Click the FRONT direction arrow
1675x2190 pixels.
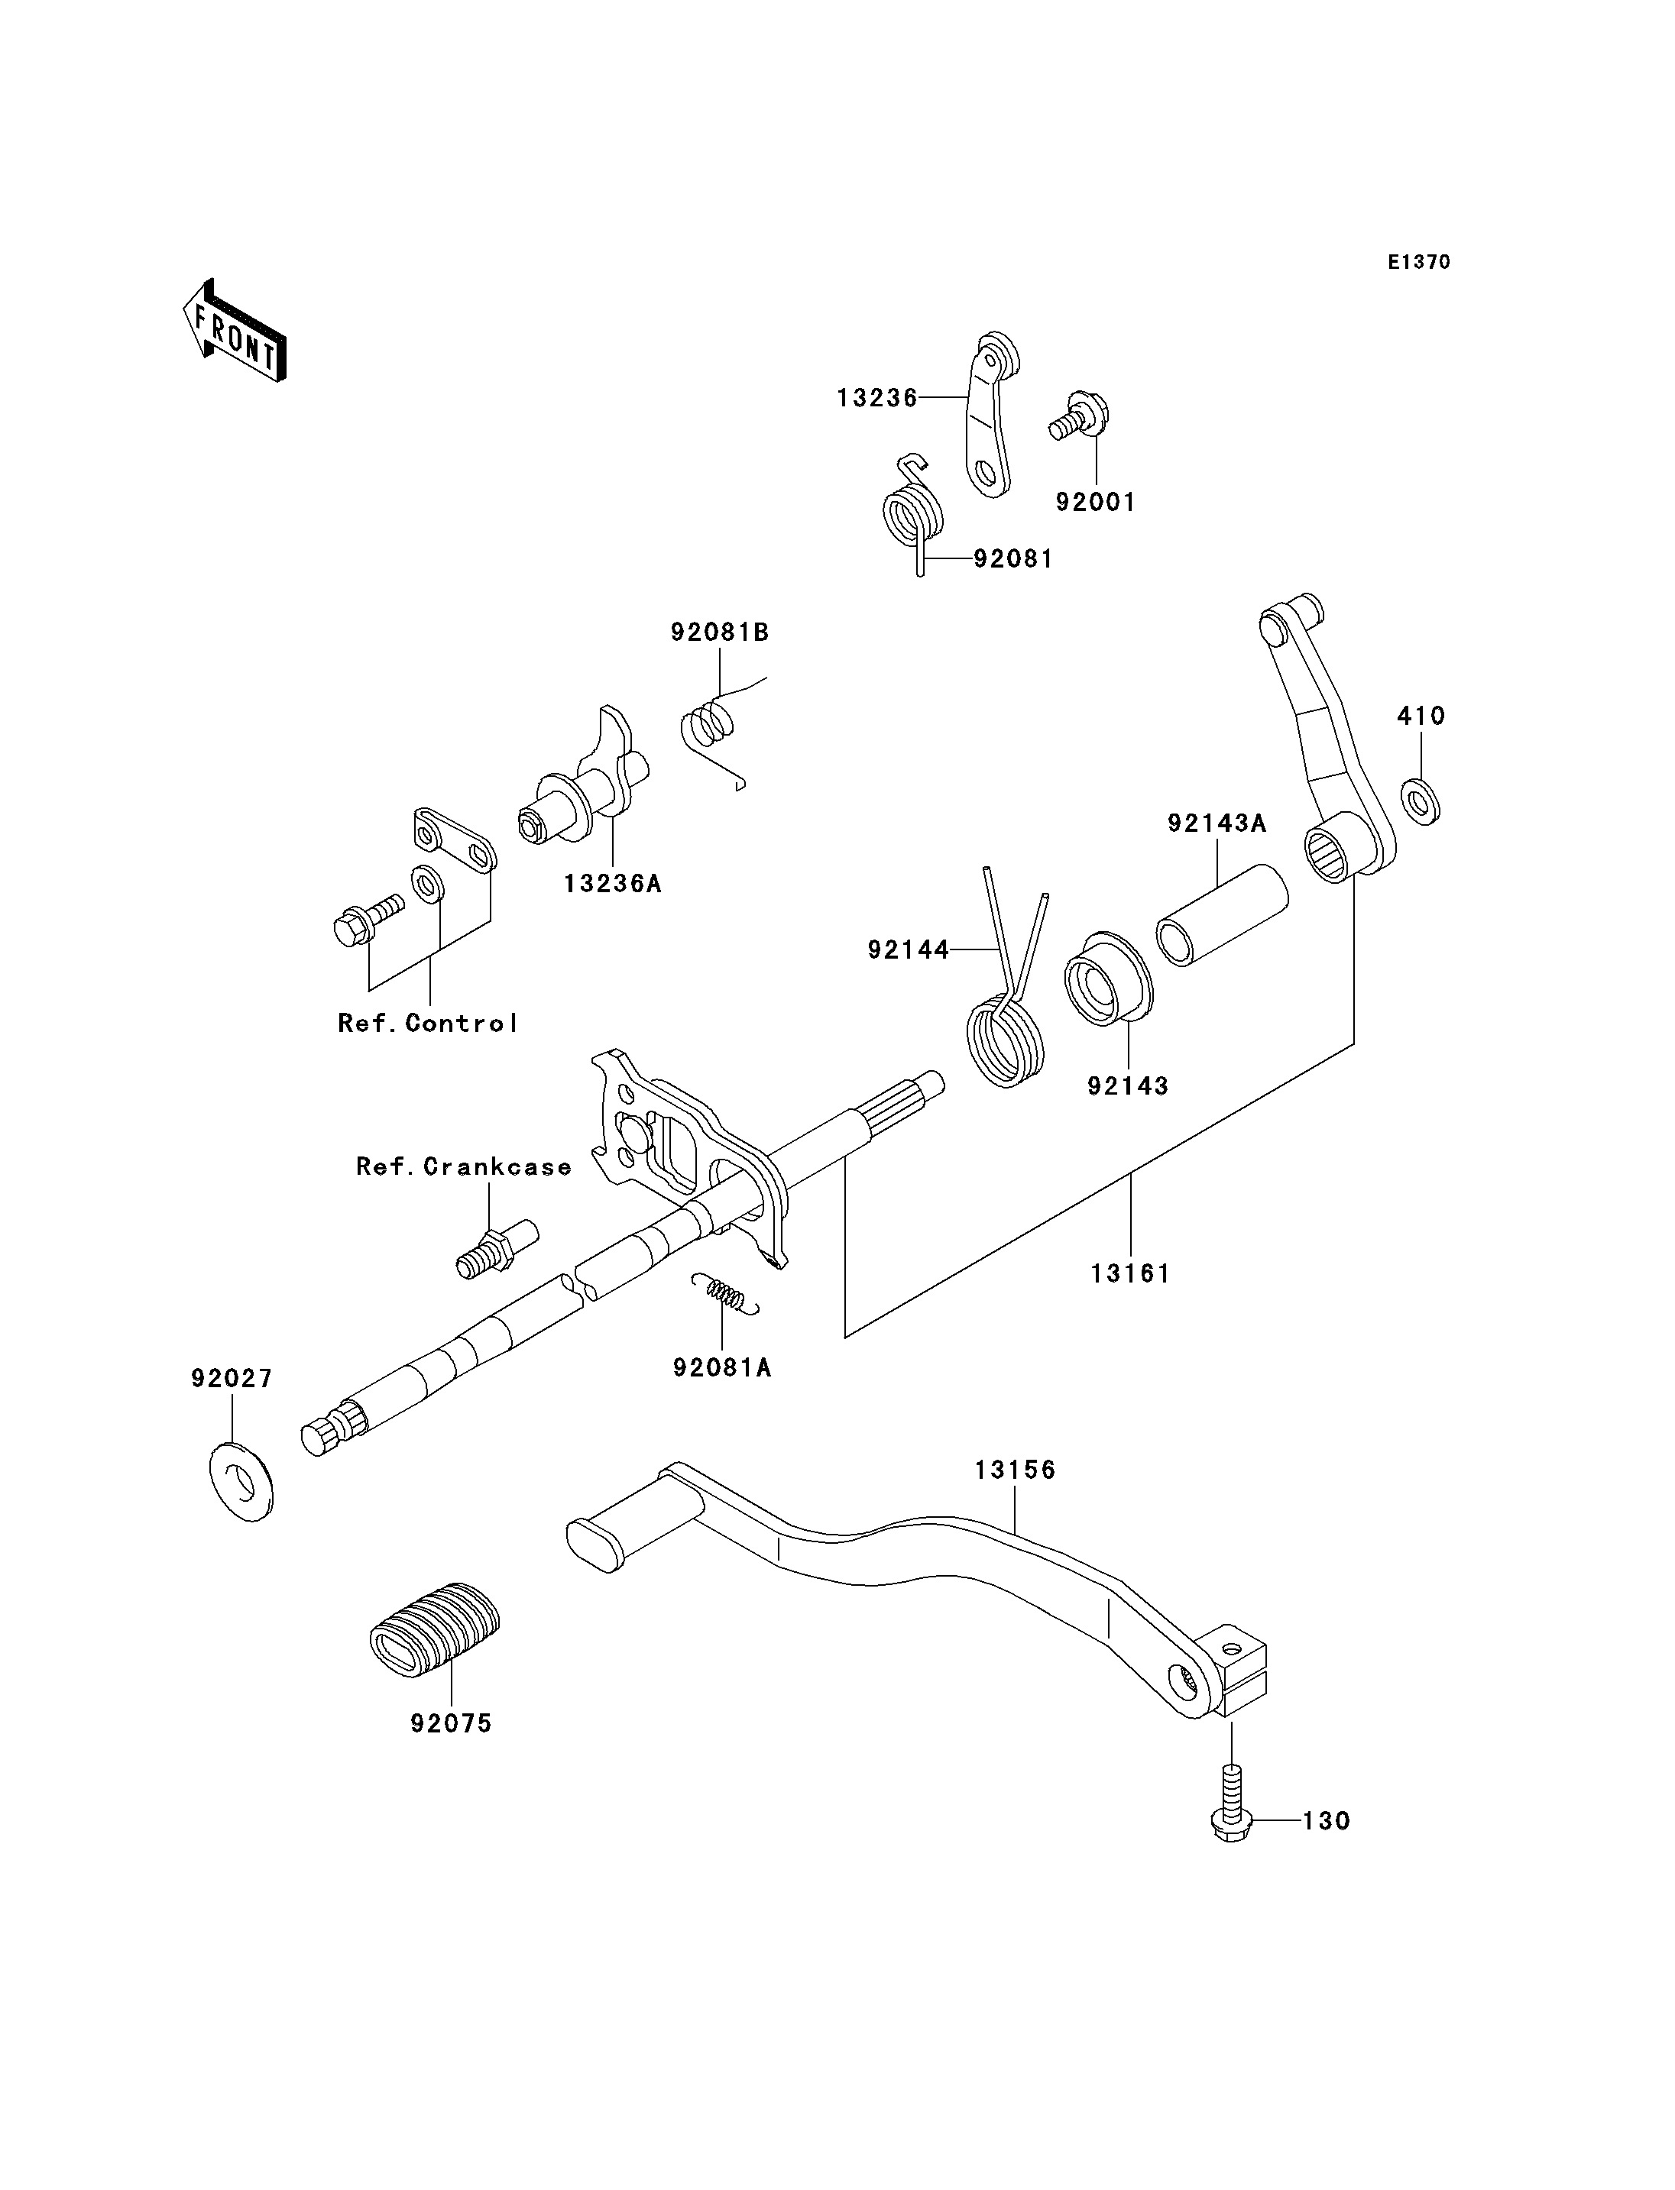[x=235, y=332]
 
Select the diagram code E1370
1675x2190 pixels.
[x=1419, y=262]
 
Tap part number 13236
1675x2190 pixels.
[x=876, y=399]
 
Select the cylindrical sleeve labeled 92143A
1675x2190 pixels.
[x=1223, y=915]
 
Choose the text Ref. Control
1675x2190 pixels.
[x=428, y=1024]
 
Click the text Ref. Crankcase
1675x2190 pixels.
[x=464, y=1167]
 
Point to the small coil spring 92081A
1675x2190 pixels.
[x=727, y=1294]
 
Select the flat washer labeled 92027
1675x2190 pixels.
[x=241, y=1480]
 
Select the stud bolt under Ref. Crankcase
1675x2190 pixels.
[x=497, y=1249]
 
